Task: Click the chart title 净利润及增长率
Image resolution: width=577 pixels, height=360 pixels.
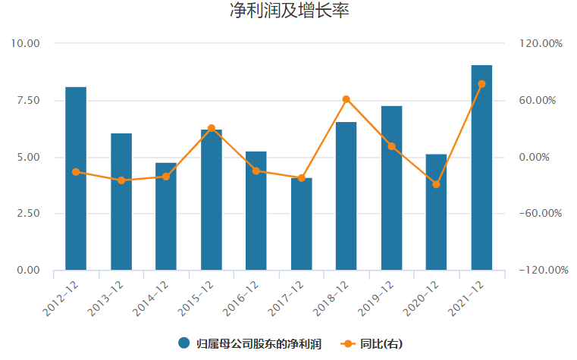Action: pyautogui.click(x=289, y=11)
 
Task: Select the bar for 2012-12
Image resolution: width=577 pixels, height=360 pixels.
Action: pyautogui.click(x=76, y=178)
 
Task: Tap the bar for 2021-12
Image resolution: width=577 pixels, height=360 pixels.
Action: pyautogui.click(x=481, y=167)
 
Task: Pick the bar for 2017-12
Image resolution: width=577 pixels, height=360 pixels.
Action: pyautogui.click(x=301, y=224)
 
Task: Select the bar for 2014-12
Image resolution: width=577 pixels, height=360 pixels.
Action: pyautogui.click(x=166, y=216)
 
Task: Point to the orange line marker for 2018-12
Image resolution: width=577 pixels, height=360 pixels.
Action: pyautogui.click(x=347, y=99)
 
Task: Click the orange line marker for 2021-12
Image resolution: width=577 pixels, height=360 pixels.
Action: pyautogui.click(x=481, y=84)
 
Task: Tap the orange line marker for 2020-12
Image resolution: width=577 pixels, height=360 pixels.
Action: pyautogui.click(x=436, y=184)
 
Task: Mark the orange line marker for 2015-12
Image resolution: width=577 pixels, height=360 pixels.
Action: pyautogui.click(x=211, y=129)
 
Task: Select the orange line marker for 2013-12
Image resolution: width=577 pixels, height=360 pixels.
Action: pyautogui.click(x=121, y=180)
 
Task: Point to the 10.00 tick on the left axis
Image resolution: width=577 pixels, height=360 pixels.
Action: pyautogui.click(x=24, y=43)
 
